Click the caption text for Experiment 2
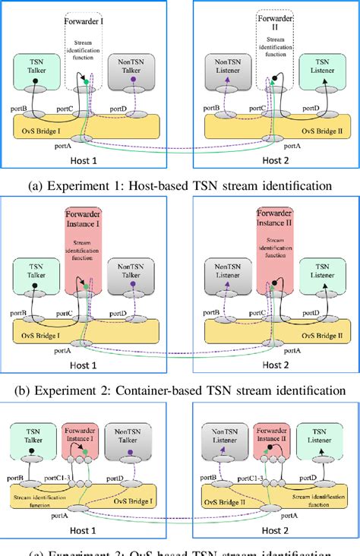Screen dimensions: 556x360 [180, 392]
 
